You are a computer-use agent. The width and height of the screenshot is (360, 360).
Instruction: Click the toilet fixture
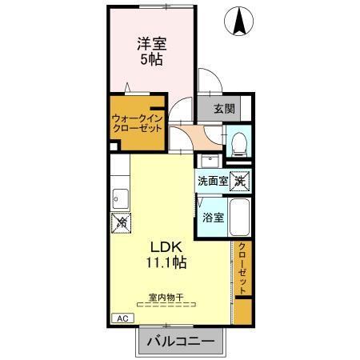click(238, 143)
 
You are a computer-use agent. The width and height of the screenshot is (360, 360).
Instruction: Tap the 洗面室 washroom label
click(213, 182)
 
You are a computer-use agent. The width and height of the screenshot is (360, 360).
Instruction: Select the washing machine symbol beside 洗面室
click(239, 181)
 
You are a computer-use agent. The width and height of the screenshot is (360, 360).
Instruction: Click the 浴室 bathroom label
click(213, 216)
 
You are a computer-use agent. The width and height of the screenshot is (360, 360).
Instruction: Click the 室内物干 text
click(165, 297)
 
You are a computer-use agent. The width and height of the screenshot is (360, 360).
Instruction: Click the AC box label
click(122, 318)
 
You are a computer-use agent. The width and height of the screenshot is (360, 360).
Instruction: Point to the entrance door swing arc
click(205, 80)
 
